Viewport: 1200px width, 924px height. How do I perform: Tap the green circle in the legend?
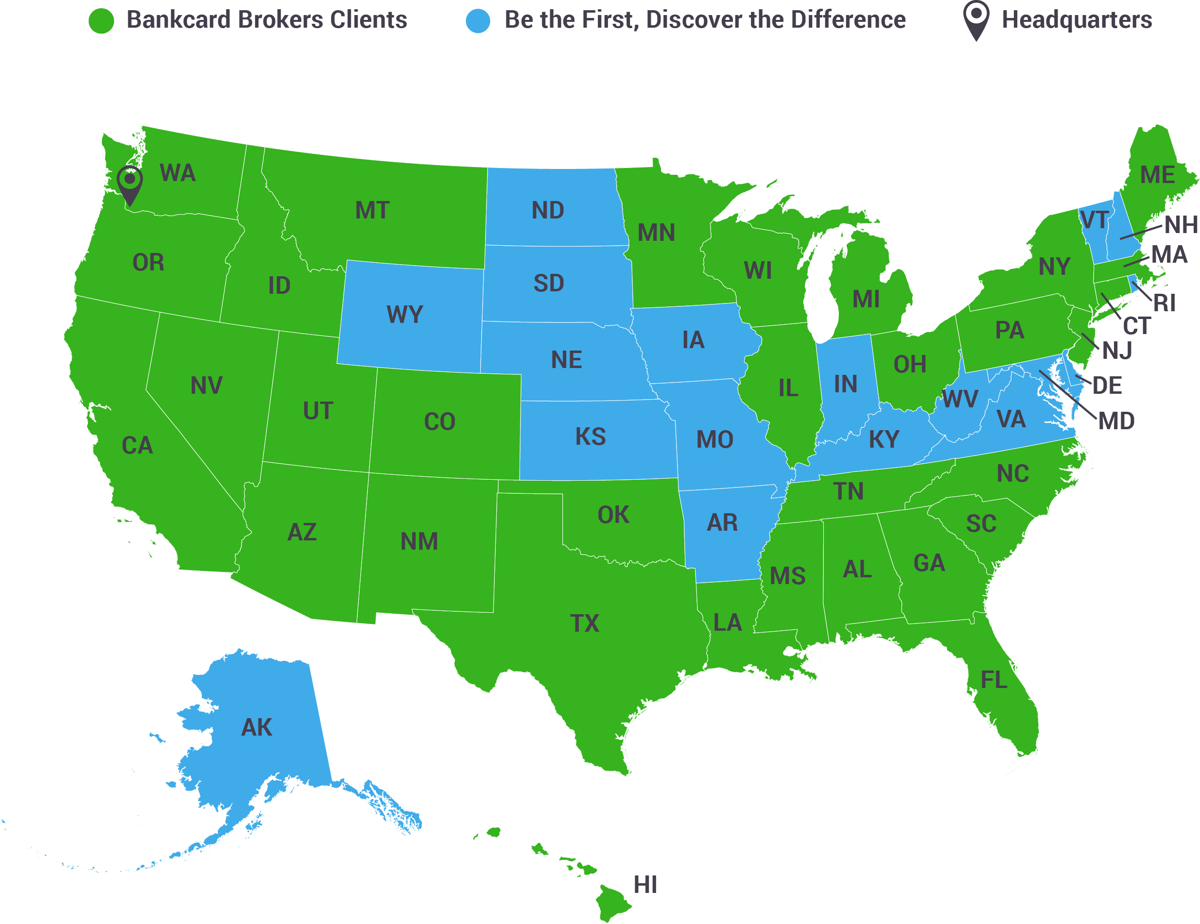[101, 21]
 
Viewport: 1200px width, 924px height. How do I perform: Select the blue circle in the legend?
[477, 21]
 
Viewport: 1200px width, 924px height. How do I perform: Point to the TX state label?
[584, 623]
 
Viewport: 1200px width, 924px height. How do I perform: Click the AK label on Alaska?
[257, 727]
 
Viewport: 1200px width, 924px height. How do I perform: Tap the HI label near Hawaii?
[645, 885]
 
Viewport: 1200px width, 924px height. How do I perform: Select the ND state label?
[548, 210]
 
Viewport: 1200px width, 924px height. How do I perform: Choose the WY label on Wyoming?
[405, 315]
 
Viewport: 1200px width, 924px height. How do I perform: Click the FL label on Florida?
[994, 680]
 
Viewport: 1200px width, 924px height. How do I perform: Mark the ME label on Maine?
[1157, 175]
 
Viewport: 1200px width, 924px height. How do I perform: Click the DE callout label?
[1107, 386]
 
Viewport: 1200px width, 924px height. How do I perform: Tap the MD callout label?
[1116, 421]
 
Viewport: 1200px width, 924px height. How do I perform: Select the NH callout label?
[1181, 224]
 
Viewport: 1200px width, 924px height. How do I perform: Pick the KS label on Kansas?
[591, 437]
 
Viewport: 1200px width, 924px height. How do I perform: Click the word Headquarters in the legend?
[1077, 20]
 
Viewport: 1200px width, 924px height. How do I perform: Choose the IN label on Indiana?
[846, 385]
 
